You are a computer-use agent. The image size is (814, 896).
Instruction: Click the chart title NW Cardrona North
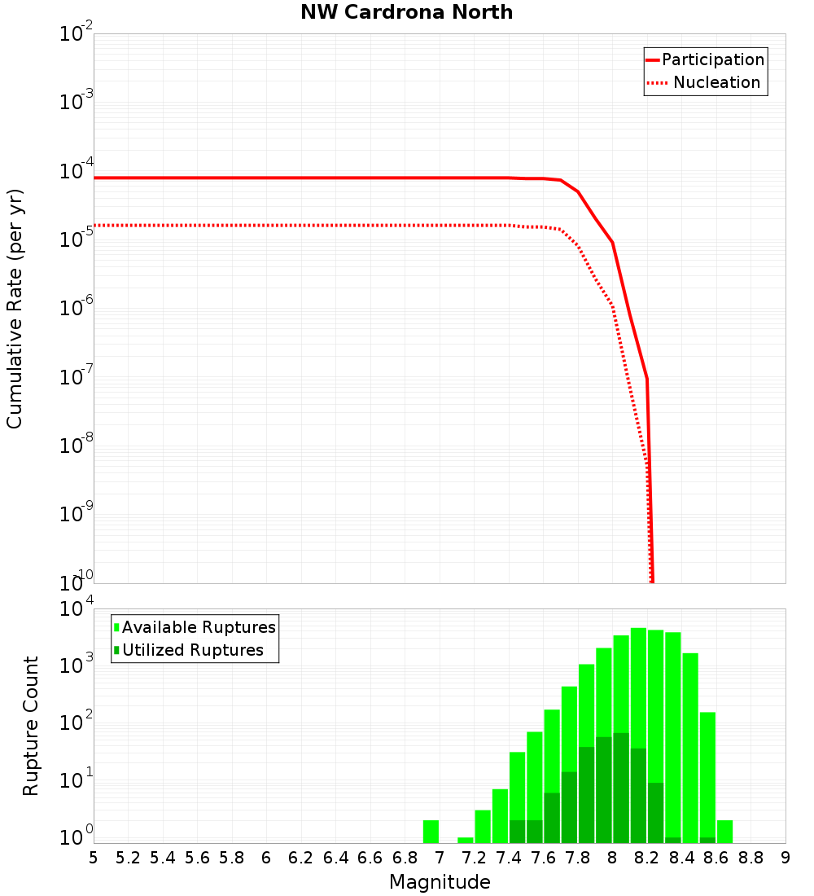coord(407,12)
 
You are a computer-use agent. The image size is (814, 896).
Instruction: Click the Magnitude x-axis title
coord(440,882)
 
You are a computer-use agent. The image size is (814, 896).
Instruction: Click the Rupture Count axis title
coord(31,726)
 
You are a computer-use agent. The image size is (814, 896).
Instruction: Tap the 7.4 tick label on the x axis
coord(509,858)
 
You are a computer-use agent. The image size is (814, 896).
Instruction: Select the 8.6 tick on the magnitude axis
coord(716,858)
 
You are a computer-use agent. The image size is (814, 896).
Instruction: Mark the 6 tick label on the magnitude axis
coord(266,858)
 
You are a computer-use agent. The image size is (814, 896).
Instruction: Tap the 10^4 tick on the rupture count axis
coord(77,610)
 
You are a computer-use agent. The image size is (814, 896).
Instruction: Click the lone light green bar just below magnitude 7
coord(431,832)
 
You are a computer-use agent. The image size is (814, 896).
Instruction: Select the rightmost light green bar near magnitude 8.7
coord(724,832)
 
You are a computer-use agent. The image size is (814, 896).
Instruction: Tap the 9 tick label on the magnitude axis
coord(786,858)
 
